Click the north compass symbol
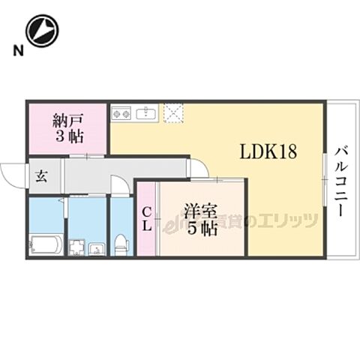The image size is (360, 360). click(x=42, y=31)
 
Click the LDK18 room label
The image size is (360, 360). click(x=268, y=151)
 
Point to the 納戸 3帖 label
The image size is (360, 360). click(x=68, y=127)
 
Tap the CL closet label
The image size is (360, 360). click(x=147, y=219)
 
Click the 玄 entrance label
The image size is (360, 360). click(x=40, y=177)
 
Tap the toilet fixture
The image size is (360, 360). click(x=121, y=243)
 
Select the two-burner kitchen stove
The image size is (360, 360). click(x=121, y=114)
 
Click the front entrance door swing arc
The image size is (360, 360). click(x=12, y=177)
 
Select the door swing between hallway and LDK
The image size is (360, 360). click(x=198, y=169)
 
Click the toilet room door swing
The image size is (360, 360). click(x=120, y=185)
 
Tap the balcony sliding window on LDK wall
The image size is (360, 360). click(x=324, y=180)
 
